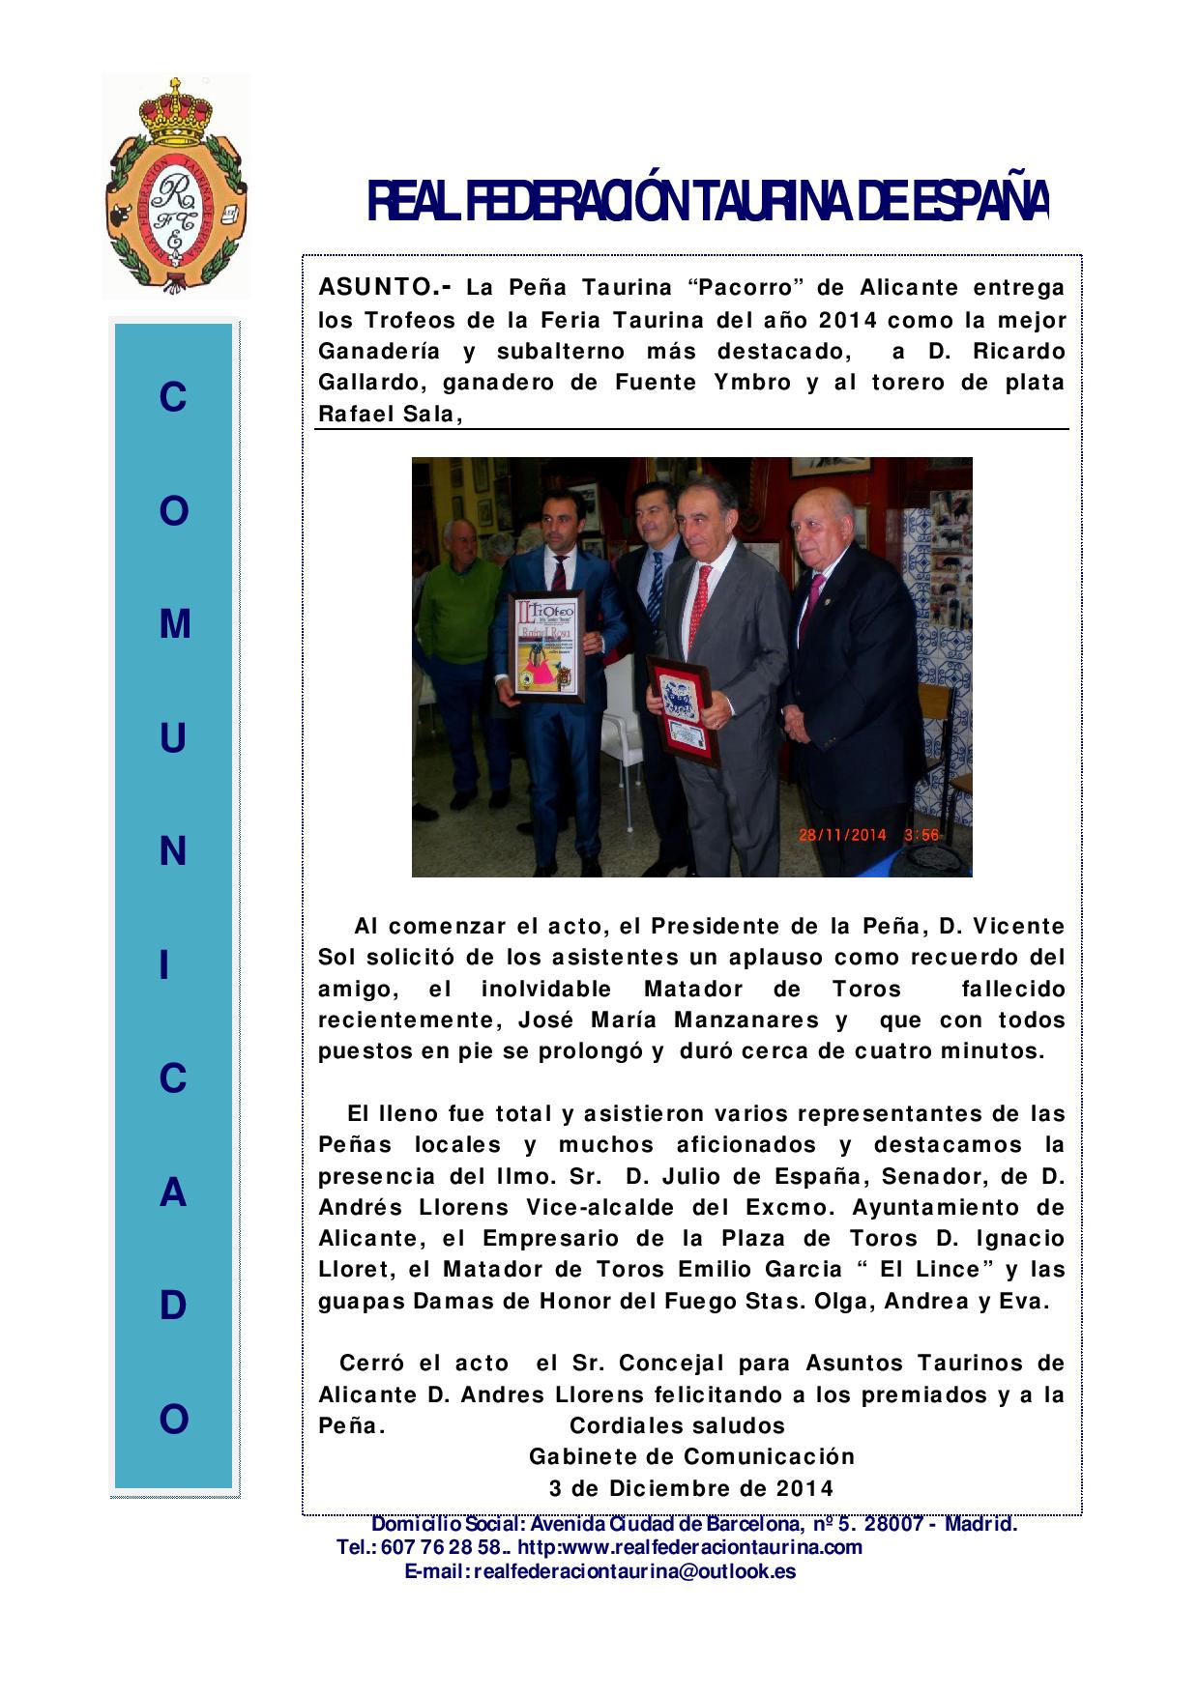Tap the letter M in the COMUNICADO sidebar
[x=174, y=625]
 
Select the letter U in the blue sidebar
[x=174, y=739]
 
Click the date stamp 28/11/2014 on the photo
[x=842, y=835]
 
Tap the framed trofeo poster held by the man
[x=546, y=646]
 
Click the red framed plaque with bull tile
[x=682, y=710]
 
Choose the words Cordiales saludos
[x=677, y=1425]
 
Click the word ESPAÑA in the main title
[x=977, y=202]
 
